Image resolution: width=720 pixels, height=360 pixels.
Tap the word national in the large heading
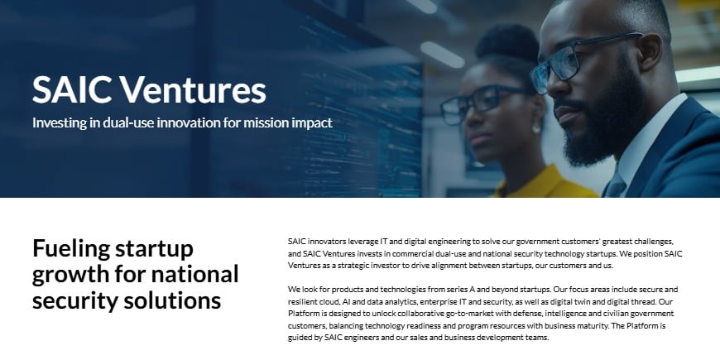click(x=194, y=273)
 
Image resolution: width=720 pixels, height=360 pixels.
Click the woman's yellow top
click(x=538, y=184)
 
